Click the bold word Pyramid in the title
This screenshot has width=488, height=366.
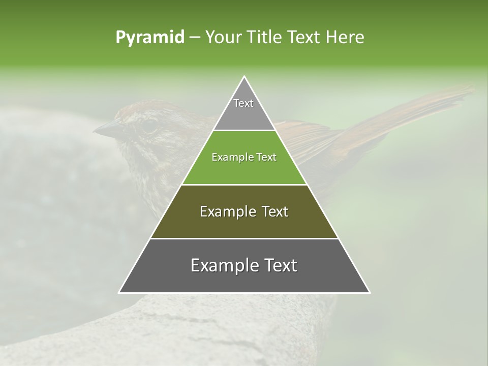point(149,38)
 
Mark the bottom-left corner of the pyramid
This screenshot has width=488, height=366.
point(119,292)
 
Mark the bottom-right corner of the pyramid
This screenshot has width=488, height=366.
point(370,292)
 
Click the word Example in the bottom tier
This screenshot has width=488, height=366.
point(224,265)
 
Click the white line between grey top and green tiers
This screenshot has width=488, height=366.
point(244,131)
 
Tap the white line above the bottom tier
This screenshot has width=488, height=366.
point(244,238)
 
